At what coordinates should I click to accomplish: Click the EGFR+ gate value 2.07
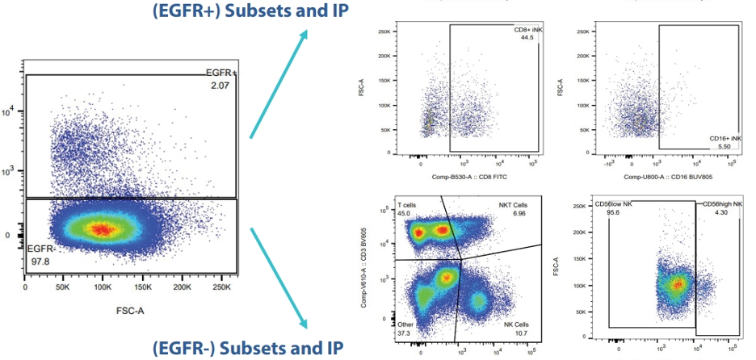tap(217, 84)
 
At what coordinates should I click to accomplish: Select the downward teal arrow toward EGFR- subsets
tap(279, 278)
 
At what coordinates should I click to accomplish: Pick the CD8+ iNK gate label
tap(530, 31)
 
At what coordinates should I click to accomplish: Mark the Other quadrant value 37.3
tap(406, 333)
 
